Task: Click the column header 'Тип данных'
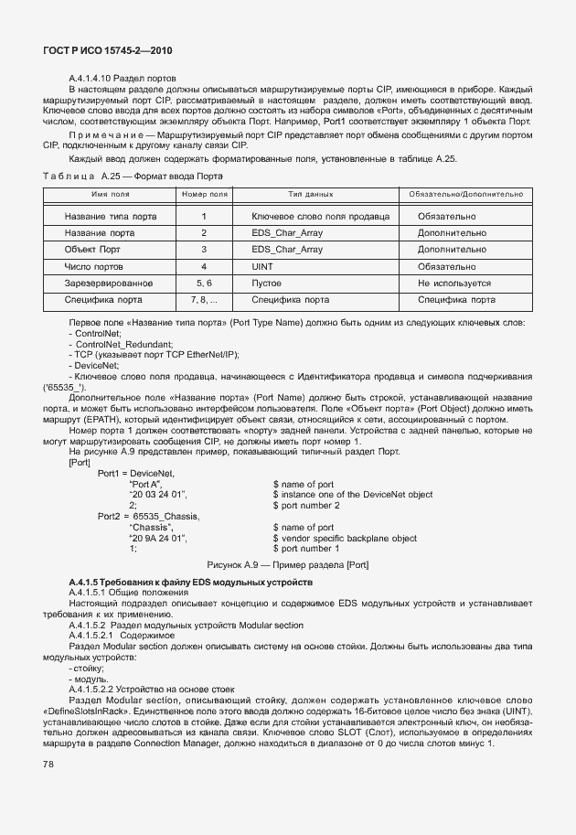(x=310, y=195)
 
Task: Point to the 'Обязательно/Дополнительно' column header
(x=466, y=195)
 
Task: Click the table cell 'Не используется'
(x=454, y=284)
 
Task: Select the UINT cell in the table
(x=263, y=266)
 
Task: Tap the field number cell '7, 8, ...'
(x=204, y=299)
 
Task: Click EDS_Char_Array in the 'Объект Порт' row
(x=287, y=250)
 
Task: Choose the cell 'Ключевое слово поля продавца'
(x=321, y=217)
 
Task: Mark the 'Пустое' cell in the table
(x=266, y=284)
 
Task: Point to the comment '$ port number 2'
(x=306, y=505)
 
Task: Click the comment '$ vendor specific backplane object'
(x=345, y=538)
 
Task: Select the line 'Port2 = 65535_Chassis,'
(x=148, y=516)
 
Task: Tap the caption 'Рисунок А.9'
(x=288, y=564)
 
